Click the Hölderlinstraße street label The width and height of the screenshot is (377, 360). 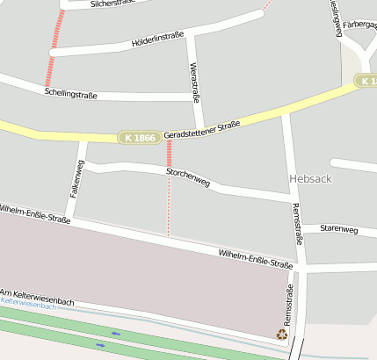click(157, 39)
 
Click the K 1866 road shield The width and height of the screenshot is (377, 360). click(140, 138)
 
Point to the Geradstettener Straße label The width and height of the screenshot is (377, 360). click(202, 131)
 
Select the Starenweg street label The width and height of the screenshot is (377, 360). click(339, 229)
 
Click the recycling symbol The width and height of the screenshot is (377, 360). click(282, 334)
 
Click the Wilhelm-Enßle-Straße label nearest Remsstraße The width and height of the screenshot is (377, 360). click(255, 258)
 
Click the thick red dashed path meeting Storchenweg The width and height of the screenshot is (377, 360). click(169, 155)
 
